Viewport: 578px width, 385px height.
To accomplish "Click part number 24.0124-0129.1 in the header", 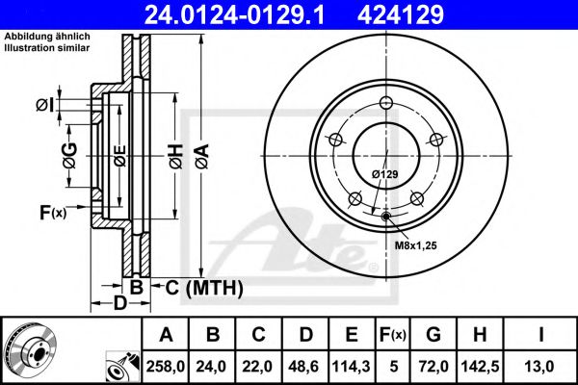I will pos(248,13).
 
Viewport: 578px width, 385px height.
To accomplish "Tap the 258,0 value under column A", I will pos(166,367).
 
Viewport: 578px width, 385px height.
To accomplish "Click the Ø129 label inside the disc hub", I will pos(385,173).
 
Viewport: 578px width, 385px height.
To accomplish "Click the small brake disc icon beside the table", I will pos(29,348).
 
